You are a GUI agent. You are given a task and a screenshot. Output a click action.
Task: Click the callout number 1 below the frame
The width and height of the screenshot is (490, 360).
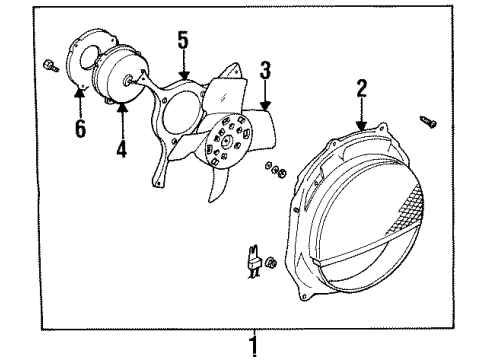pyautogui.click(x=254, y=346)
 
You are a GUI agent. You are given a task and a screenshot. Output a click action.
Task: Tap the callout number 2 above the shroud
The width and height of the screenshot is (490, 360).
pyautogui.click(x=362, y=88)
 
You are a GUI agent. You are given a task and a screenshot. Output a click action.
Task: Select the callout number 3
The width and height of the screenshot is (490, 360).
pyautogui.click(x=265, y=70)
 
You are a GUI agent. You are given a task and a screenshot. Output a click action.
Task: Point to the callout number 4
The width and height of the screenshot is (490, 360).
pyautogui.click(x=122, y=148)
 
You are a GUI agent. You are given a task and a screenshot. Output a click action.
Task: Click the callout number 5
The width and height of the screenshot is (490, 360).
pyautogui.click(x=183, y=40)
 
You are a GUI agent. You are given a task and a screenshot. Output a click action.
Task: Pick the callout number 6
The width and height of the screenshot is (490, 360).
pyautogui.click(x=80, y=128)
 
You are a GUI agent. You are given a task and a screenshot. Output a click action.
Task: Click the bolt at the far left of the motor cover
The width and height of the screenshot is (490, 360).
pyautogui.click(x=51, y=65)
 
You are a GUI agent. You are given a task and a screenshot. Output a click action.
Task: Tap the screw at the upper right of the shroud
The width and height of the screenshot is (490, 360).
pyautogui.click(x=428, y=122)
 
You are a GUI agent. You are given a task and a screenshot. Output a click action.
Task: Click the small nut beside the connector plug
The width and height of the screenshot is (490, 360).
pyautogui.click(x=271, y=262)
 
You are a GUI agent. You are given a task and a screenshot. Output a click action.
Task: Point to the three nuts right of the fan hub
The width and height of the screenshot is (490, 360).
pyautogui.click(x=276, y=169)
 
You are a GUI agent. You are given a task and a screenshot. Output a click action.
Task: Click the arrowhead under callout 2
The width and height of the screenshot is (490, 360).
pyautogui.click(x=361, y=125)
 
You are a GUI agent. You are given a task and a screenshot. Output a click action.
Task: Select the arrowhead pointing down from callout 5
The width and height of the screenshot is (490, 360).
pyautogui.click(x=183, y=75)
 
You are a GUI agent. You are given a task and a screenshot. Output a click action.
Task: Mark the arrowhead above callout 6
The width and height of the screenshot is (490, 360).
pyautogui.click(x=79, y=92)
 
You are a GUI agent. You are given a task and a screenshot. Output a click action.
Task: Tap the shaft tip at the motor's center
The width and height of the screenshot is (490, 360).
pyautogui.click(x=128, y=80)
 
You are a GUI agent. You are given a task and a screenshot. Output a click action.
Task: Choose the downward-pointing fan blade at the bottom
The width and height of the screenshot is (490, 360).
pyautogui.click(x=217, y=184)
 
